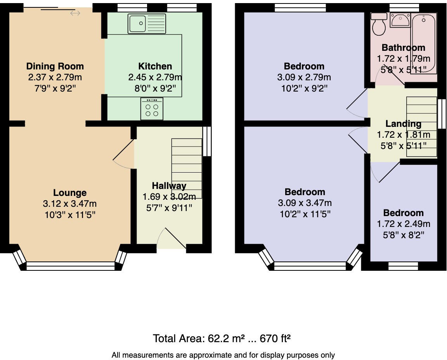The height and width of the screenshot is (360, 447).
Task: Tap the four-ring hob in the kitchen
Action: (152, 109)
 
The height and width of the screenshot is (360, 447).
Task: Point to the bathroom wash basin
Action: (400, 20)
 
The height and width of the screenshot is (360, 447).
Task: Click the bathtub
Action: (424, 43)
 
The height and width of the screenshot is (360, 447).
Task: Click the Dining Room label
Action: (55, 66)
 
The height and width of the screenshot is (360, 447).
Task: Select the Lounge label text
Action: (70, 193)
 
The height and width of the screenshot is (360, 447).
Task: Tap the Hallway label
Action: (169, 186)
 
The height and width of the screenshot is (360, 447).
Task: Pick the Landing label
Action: (403, 124)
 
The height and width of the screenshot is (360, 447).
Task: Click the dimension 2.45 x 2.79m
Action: (155, 78)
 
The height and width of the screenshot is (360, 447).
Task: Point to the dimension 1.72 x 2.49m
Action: (404, 224)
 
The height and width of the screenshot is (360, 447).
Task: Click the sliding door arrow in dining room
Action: (75, 14)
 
